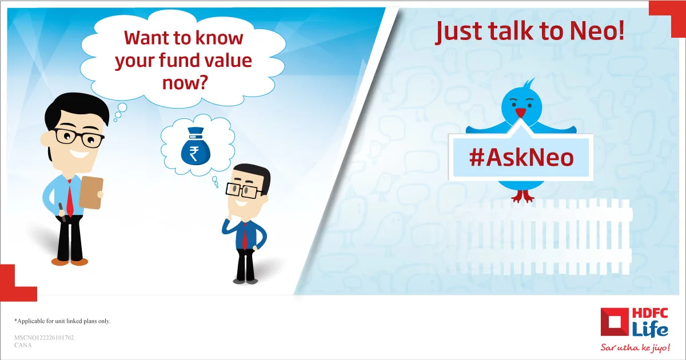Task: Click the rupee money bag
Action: pos(196,146)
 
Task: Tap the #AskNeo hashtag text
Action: pos(521,157)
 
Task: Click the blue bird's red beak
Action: pos(520,113)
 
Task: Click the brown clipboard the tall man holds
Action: pos(91,192)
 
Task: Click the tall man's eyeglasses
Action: pos(79,138)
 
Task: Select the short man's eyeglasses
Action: pos(244,190)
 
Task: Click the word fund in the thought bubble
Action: pos(179,60)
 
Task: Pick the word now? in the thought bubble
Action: pos(185,83)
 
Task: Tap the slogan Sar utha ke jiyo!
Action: pos(635,347)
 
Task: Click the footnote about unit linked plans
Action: pos(62,321)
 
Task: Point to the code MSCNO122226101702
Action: pos(44,338)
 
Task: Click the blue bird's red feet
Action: pos(523,196)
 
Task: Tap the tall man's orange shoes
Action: pos(70,262)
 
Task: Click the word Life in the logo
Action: pos(650,330)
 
